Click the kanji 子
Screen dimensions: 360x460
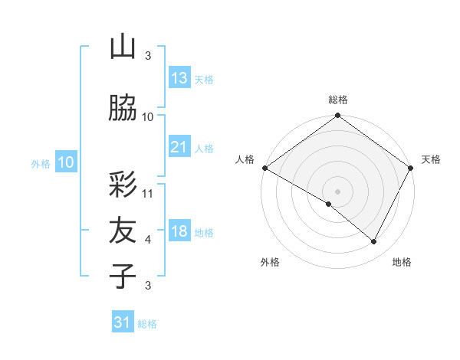[x=123, y=276]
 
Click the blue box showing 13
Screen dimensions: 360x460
[x=179, y=78]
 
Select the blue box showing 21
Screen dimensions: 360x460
[x=179, y=147]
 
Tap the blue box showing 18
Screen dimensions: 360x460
[x=179, y=231]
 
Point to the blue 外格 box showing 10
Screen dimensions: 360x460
[x=66, y=162]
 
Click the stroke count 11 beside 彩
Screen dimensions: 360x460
[x=148, y=193]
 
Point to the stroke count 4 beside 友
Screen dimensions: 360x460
[x=148, y=240]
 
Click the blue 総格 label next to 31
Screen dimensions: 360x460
[x=147, y=324]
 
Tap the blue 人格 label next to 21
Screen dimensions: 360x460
[x=204, y=149]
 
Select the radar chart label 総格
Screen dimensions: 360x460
[x=338, y=100]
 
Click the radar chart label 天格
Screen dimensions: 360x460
[x=431, y=159]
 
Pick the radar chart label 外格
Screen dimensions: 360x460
[x=270, y=262]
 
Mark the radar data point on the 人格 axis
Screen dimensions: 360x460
[x=264, y=168]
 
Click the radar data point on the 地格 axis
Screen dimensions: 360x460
[x=374, y=242]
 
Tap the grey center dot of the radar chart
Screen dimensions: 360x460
[x=337, y=191]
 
